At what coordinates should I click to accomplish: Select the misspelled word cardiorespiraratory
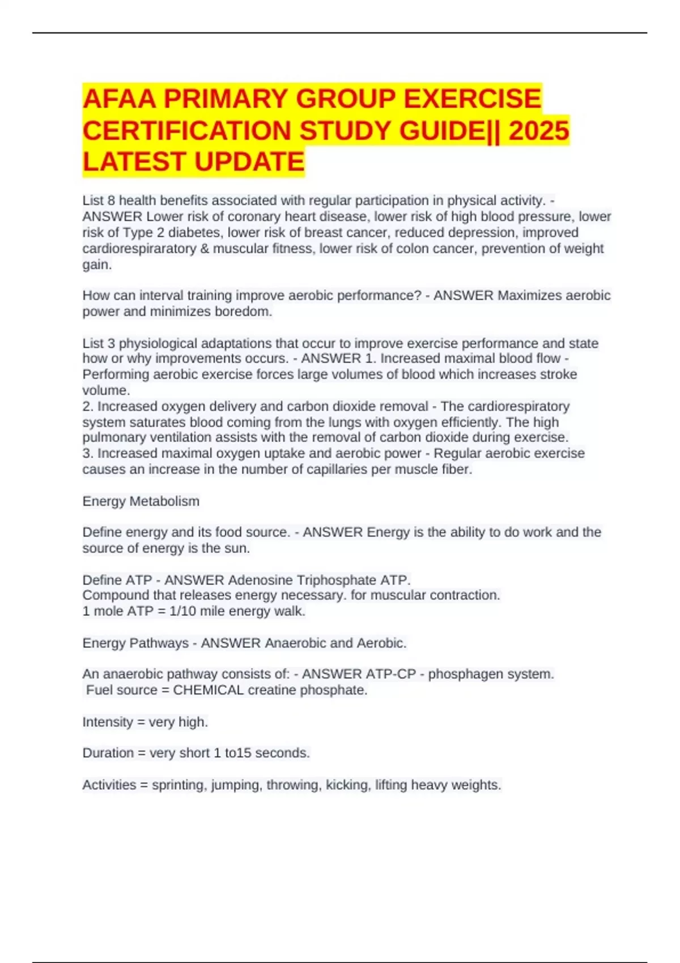(139, 249)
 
